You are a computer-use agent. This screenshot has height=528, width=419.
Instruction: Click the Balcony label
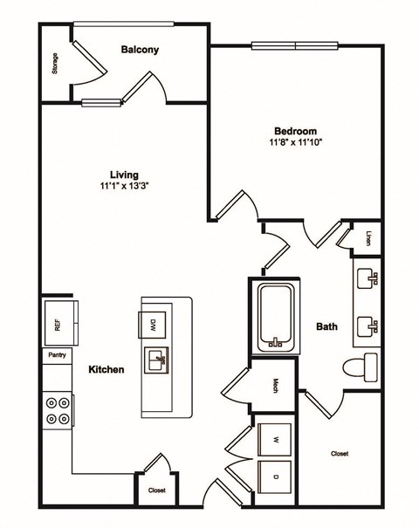(140, 50)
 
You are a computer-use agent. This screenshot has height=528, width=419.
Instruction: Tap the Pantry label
(57, 355)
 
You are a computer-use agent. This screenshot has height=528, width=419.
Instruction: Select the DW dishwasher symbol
(153, 326)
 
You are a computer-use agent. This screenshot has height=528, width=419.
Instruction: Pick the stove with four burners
(58, 411)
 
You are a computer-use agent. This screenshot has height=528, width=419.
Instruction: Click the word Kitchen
(106, 369)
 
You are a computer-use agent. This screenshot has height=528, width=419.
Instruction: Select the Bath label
(326, 327)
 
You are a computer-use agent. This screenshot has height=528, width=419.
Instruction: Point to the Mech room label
(274, 384)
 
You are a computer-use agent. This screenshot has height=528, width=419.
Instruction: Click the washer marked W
(275, 439)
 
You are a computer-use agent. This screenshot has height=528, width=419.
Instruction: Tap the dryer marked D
(275, 477)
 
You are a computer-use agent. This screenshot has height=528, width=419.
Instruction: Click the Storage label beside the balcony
(55, 65)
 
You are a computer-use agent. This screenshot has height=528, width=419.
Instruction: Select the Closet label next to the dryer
(340, 454)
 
